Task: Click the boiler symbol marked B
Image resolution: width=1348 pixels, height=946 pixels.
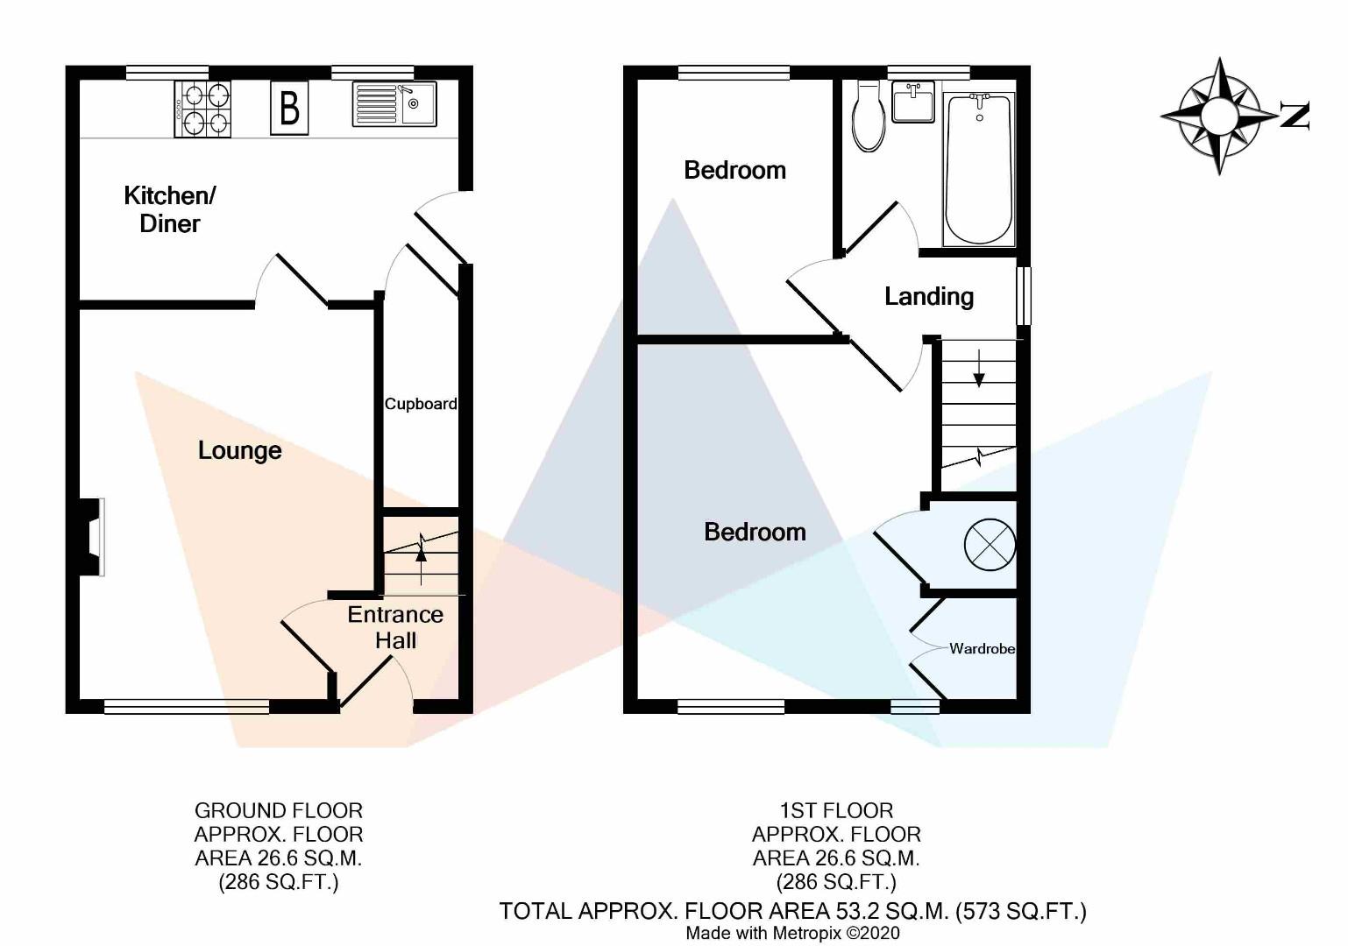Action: pos(289,108)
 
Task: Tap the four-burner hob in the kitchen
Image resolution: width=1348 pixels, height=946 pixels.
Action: pos(204,109)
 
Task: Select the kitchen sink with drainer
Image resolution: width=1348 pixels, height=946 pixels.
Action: pos(394,103)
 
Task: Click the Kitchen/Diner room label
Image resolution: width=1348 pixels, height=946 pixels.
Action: pos(169,209)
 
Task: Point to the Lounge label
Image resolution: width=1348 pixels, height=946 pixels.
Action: pos(239,450)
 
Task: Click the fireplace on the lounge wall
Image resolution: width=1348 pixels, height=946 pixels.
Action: pos(91,537)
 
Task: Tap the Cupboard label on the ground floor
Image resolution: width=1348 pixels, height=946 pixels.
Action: pos(421,404)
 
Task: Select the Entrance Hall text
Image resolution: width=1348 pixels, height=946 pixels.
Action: pos(395,627)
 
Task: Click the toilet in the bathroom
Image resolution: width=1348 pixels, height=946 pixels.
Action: pos(869,116)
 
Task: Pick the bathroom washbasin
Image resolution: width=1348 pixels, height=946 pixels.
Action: pos(913,102)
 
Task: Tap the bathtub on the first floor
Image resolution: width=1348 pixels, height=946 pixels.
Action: pos(978,169)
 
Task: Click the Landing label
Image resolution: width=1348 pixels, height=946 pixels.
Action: pos(929,297)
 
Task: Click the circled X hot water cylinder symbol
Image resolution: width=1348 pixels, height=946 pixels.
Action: pos(990,545)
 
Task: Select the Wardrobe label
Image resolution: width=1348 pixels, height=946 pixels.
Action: pos(982,649)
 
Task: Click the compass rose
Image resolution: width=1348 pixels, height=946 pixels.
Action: pos(1219,116)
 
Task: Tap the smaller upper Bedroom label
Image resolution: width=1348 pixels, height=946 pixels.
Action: pos(734,170)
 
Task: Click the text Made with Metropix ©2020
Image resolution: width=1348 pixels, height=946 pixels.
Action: pos(792,934)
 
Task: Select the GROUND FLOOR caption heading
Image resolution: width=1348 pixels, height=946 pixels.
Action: pos(279,811)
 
